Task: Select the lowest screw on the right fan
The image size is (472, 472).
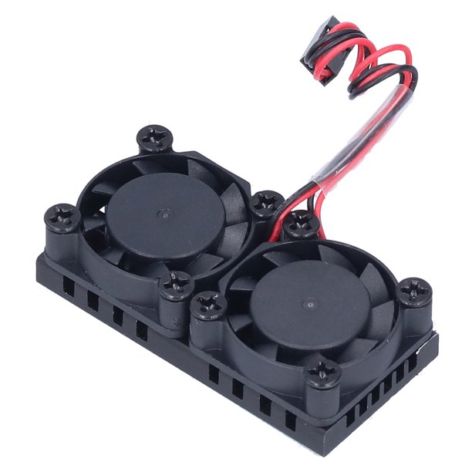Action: click(x=321, y=374)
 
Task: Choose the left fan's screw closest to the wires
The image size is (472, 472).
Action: click(x=266, y=203)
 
